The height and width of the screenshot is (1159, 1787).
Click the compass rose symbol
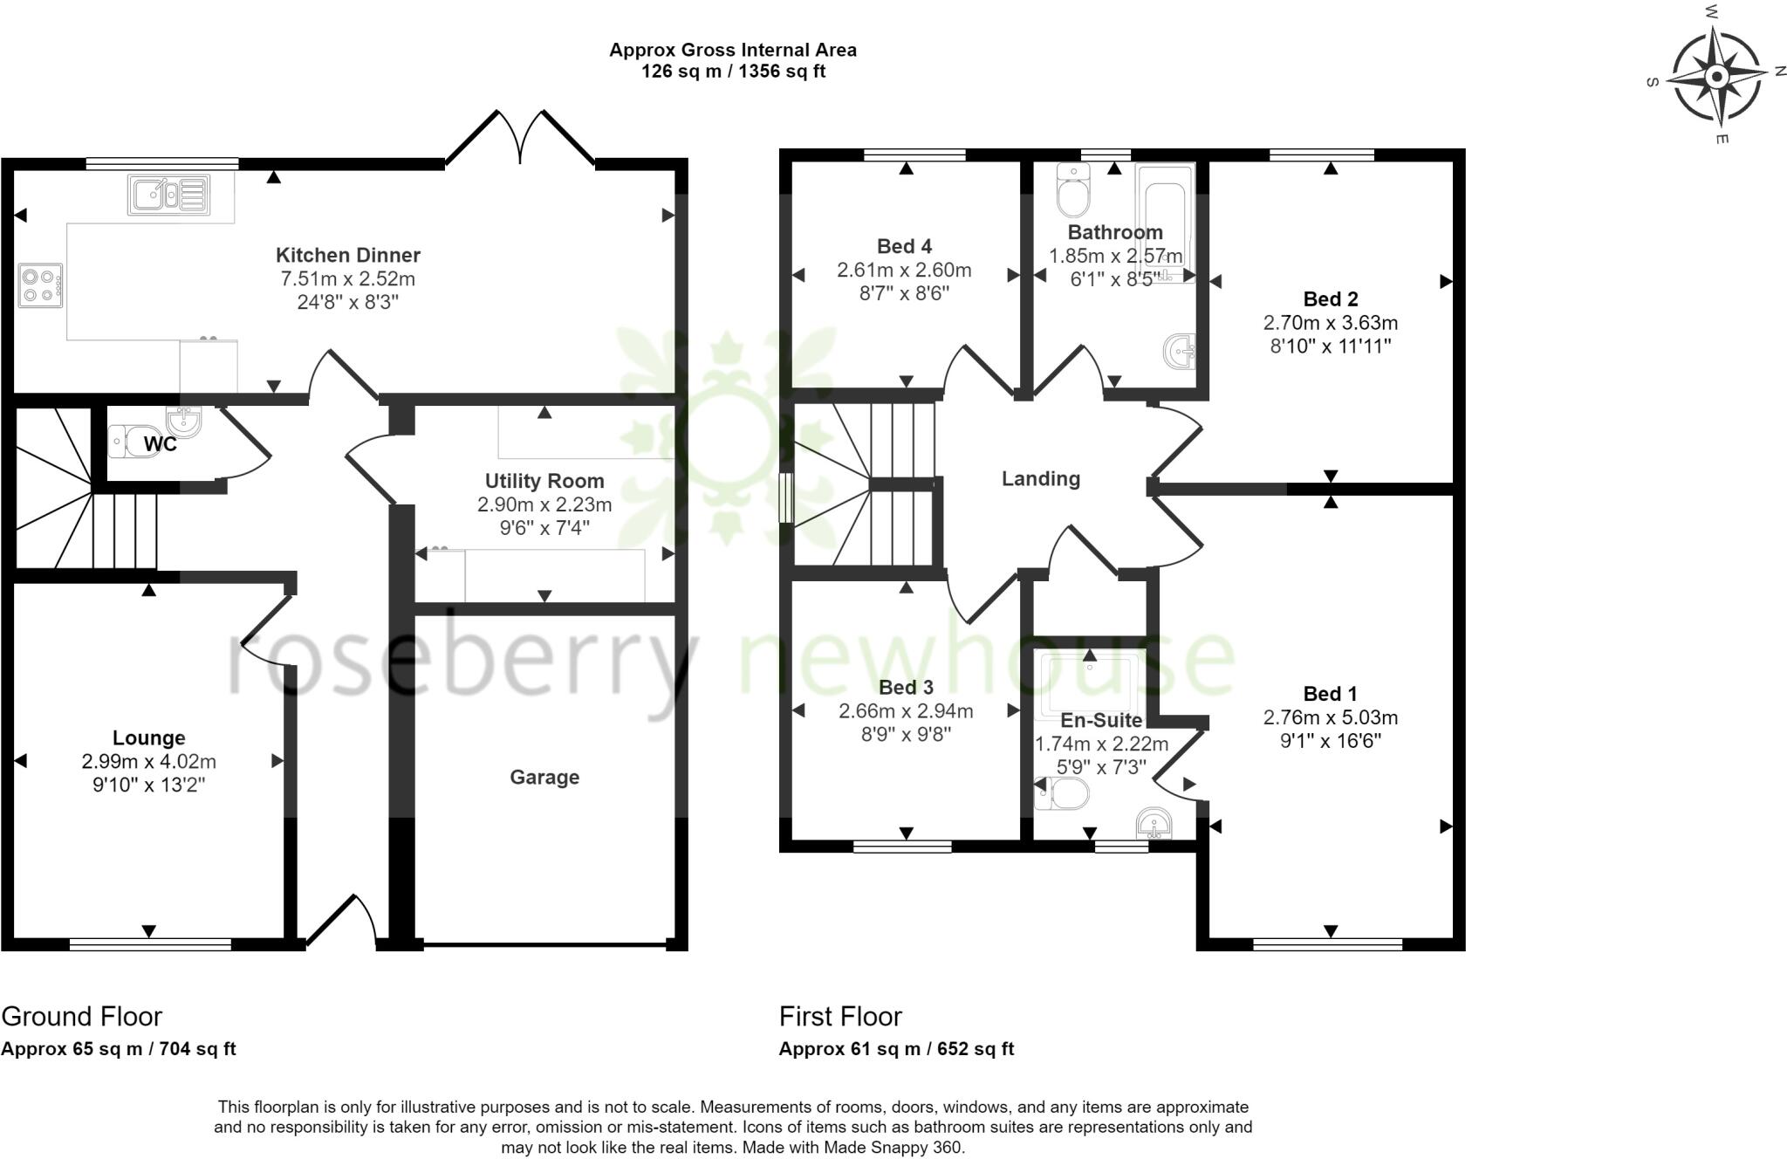click(1716, 77)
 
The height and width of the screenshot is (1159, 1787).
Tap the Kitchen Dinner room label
click(348, 255)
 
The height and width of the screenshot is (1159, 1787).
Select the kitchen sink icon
click(169, 195)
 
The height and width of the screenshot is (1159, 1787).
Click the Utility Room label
click(544, 481)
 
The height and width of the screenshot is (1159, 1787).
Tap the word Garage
click(544, 777)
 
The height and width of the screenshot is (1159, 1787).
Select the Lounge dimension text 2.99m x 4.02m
click(149, 761)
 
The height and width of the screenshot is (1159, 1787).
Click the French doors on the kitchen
click(521, 140)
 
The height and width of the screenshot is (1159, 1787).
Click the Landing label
click(1040, 478)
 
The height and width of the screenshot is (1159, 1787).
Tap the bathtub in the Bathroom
click(1165, 223)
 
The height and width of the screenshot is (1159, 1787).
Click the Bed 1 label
click(1330, 694)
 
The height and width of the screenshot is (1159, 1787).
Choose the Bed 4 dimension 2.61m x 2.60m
click(904, 271)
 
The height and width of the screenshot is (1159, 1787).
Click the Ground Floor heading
click(82, 1016)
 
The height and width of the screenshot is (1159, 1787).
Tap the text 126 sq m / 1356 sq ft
click(733, 72)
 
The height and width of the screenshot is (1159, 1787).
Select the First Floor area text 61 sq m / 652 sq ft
click(896, 1049)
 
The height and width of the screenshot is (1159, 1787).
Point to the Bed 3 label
click(906, 687)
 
